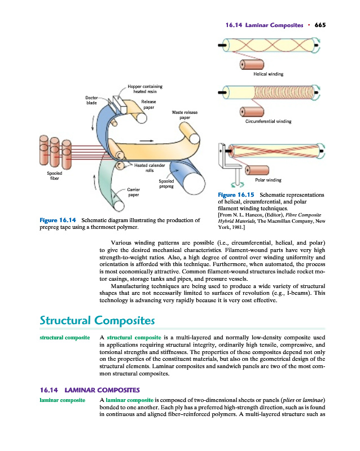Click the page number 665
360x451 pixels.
(320, 25)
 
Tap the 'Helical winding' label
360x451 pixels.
(268, 74)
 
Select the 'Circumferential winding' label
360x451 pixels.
(268, 121)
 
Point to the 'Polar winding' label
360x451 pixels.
(268, 180)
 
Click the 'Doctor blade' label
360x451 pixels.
(91, 100)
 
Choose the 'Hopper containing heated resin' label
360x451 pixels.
(145, 89)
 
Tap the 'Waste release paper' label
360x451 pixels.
(185, 115)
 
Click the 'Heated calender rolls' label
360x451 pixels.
(150, 168)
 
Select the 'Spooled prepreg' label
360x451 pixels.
(166, 184)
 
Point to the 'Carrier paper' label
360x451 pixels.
(133, 192)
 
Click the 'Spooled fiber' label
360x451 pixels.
(54, 176)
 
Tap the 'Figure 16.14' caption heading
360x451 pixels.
(58, 220)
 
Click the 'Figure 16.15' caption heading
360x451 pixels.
(236, 195)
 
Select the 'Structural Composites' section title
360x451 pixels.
(98, 320)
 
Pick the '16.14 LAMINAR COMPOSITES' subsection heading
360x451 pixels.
(90, 390)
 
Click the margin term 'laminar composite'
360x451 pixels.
(63, 400)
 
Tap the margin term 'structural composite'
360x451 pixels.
(65, 337)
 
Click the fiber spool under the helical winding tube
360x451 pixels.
(252, 64)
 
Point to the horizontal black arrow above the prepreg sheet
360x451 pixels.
(147, 141)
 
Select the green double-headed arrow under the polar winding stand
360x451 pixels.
(238, 184)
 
